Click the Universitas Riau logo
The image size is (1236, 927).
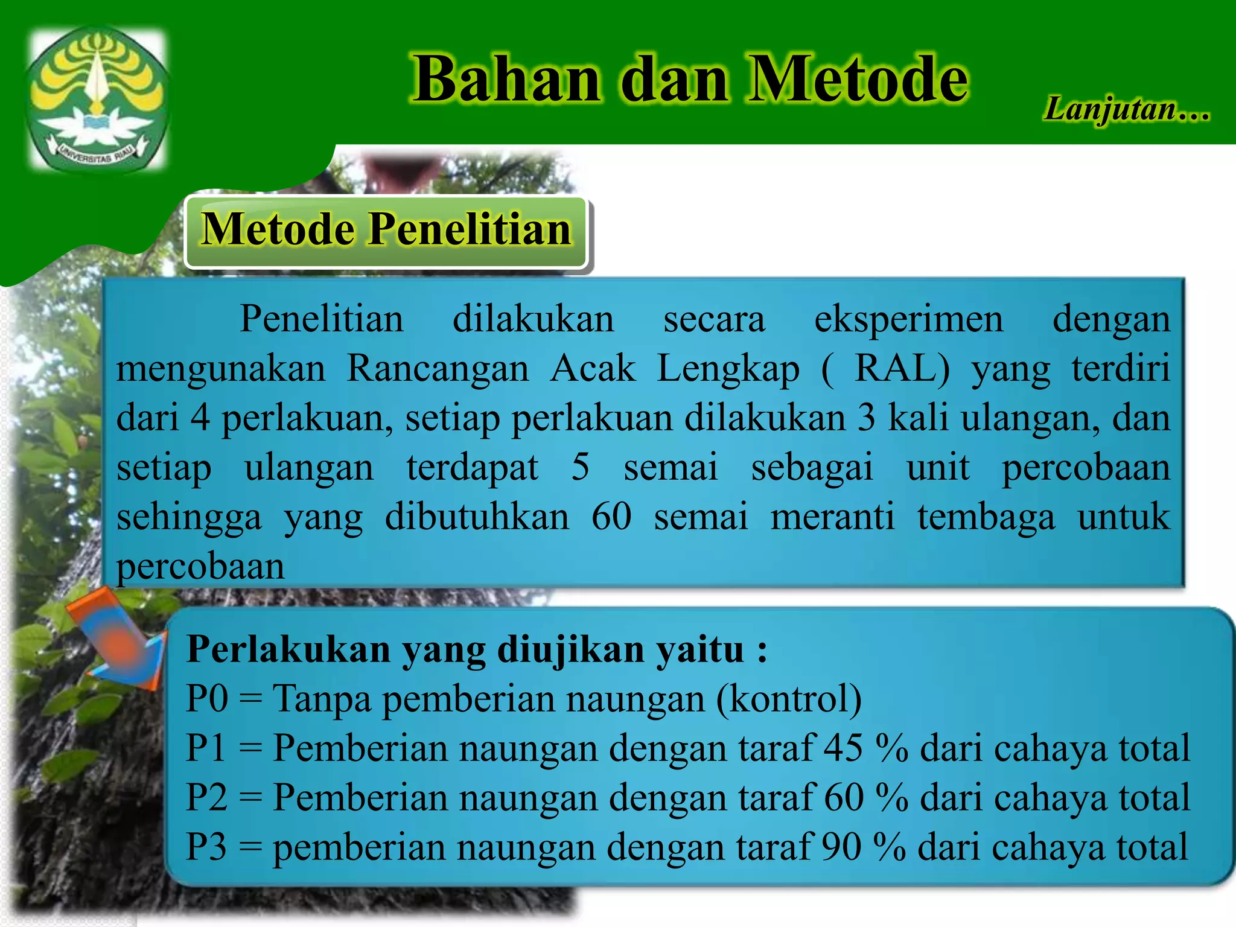point(97,100)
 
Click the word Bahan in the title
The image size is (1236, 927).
point(507,80)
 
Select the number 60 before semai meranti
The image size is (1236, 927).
point(611,517)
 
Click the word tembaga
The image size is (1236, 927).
point(986,518)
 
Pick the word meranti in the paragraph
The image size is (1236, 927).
point(832,517)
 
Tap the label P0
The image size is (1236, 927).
point(207,699)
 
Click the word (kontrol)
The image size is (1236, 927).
point(789,699)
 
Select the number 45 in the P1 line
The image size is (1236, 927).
point(844,748)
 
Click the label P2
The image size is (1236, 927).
point(207,797)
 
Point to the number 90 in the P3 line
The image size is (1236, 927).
point(841,847)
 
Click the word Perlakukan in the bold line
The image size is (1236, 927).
point(288,650)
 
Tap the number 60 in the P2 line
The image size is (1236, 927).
point(844,797)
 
